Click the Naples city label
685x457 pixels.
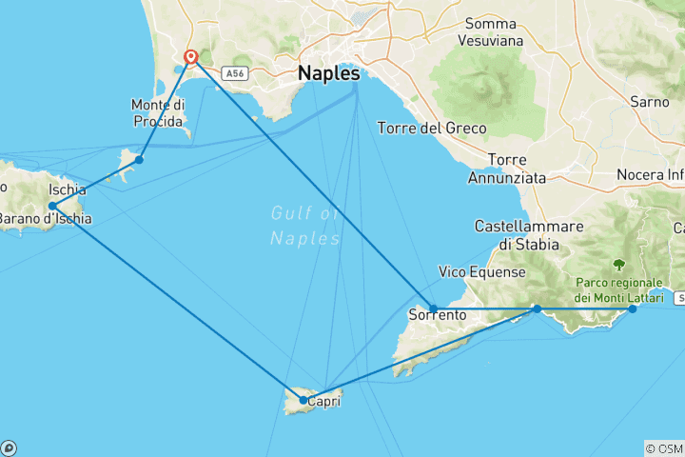329,73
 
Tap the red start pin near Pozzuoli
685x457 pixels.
190,57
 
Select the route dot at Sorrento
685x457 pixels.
434,308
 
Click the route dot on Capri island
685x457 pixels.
303,400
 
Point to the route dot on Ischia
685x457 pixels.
52,206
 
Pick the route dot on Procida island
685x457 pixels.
139,159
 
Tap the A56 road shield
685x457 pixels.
233,72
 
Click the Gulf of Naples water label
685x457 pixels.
304,226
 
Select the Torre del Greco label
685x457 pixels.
432,128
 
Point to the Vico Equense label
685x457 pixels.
482,272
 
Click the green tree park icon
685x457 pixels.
620,265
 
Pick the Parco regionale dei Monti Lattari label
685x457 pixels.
623,290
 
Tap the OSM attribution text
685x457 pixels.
664,448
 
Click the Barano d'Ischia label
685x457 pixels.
46,219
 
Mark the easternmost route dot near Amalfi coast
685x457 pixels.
633,308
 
